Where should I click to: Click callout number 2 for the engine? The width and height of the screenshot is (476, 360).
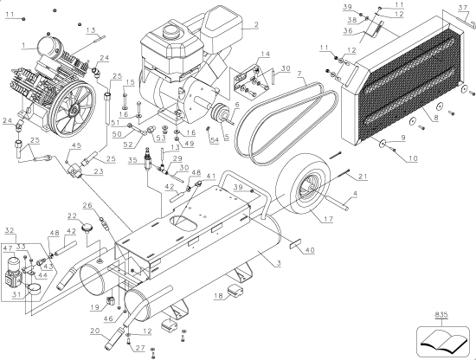pos(256,25)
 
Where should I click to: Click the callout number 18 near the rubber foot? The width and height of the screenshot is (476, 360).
pos(217,296)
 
